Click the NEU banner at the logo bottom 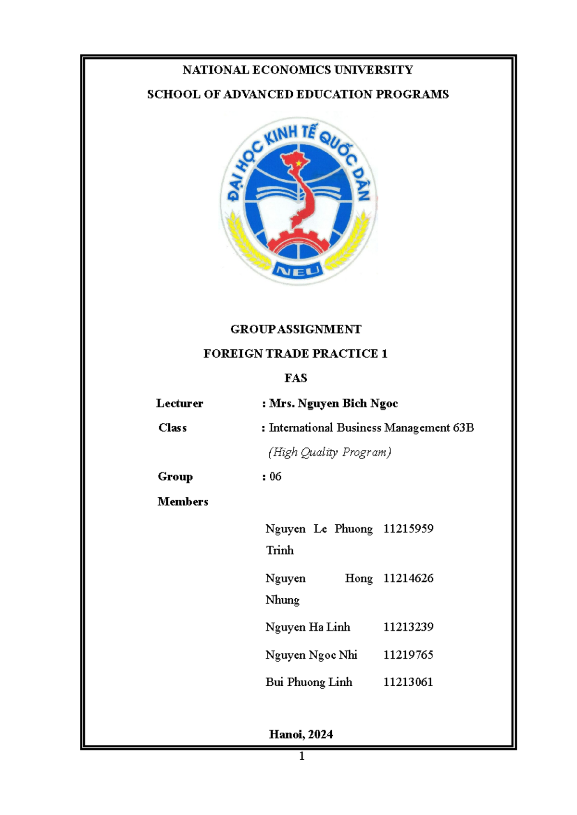click(x=298, y=271)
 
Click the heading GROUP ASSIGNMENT click(x=295, y=329)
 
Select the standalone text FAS click(x=295, y=378)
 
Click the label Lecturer click(x=179, y=403)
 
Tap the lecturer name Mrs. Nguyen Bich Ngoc click(x=333, y=403)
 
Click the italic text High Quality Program click(x=330, y=452)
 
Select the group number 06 click(x=276, y=477)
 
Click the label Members click(x=183, y=502)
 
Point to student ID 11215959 click(x=408, y=529)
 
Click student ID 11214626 click(x=408, y=578)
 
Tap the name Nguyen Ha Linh click(x=308, y=627)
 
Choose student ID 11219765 click(x=408, y=654)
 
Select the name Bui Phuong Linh click(x=309, y=682)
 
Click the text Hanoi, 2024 click(x=301, y=734)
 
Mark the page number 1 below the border click(x=301, y=756)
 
